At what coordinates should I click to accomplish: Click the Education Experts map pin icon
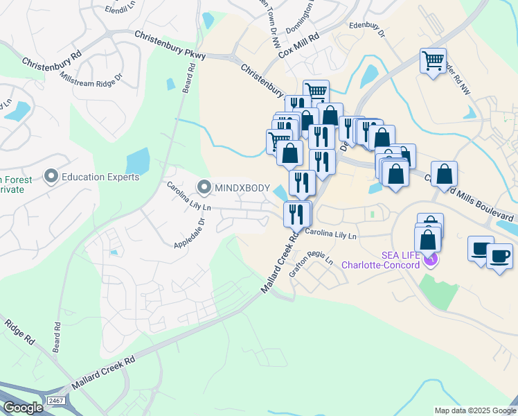(x=51, y=177)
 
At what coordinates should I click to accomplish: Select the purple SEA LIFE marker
(x=431, y=259)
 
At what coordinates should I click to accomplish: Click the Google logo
(x=23, y=408)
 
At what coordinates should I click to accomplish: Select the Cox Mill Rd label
(x=298, y=46)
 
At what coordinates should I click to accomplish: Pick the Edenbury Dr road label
(x=366, y=27)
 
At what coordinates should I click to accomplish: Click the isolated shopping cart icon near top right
(x=433, y=61)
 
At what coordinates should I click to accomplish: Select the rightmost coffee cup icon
(x=499, y=256)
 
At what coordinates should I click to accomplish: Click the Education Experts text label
(x=100, y=177)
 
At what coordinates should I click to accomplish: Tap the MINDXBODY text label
(x=242, y=187)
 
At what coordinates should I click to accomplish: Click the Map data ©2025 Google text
(x=475, y=410)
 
